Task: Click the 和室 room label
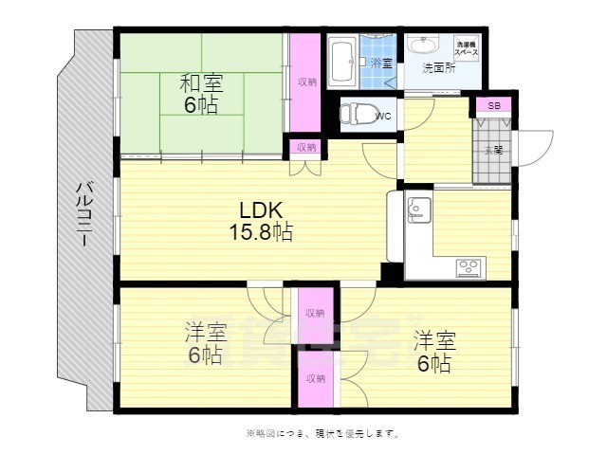(x=200, y=82)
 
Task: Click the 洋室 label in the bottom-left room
(x=205, y=333)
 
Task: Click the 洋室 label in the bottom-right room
(x=432, y=339)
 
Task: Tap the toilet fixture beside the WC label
(x=359, y=113)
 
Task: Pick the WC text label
(x=383, y=117)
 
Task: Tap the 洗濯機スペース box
(x=466, y=48)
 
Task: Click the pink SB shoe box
(x=493, y=105)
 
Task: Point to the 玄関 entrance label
(x=493, y=149)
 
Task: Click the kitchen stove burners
(x=469, y=266)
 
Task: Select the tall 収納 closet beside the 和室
(x=305, y=83)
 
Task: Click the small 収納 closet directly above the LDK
(x=305, y=148)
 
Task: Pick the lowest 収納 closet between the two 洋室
(x=315, y=378)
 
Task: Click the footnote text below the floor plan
(x=322, y=433)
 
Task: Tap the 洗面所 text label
(x=438, y=68)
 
